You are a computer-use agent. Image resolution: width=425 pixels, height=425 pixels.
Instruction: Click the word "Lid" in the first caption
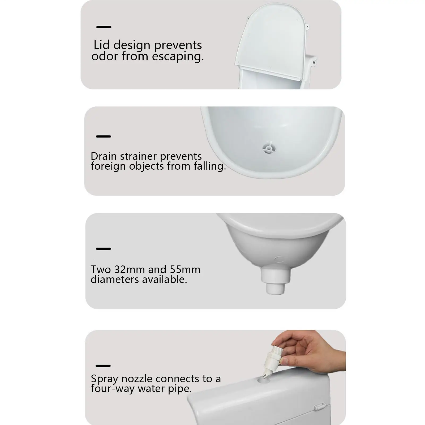pyautogui.click(x=102, y=45)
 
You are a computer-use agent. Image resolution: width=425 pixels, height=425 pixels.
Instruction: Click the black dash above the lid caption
pyautogui.click(x=104, y=27)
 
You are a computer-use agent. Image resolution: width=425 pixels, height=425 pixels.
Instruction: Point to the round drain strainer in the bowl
pyautogui.click(x=269, y=148)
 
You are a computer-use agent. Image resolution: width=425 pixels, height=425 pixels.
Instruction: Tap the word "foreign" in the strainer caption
pyautogui.click(x=108, y=166)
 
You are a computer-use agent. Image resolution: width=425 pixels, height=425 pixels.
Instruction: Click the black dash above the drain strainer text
pyautogui.click(x=103, y=136)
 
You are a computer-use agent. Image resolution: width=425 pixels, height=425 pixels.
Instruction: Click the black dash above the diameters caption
pyautogui.click(x=103, y=249)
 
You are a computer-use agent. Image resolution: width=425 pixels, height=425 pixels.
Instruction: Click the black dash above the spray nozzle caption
pyautogui.click(x=103, y=366)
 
